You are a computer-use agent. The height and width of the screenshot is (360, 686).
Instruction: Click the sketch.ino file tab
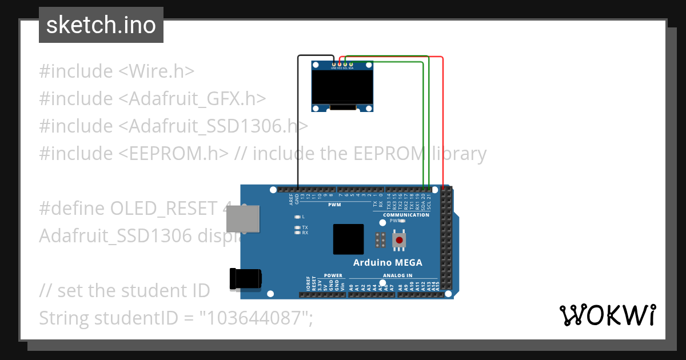point(101,25)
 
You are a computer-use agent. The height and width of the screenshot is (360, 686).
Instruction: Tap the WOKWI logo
point(608,315)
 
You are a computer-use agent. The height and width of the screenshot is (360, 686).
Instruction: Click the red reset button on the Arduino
point(399,241)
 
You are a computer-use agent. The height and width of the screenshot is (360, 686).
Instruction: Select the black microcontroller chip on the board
point(348,239)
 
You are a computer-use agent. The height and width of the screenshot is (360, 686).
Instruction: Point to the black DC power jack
point(245,278)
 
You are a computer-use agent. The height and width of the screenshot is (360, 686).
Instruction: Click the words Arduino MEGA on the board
point(388,263)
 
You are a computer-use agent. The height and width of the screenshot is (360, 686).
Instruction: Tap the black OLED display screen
point(342,85)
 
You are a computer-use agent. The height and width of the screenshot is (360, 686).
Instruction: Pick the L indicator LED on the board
point(297,217)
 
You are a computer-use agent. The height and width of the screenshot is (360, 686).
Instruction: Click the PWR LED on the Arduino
point(402,221)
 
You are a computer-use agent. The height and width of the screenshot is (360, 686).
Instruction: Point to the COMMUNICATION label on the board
point(406,215)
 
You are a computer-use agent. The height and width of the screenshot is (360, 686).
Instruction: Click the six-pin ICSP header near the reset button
point(380,240)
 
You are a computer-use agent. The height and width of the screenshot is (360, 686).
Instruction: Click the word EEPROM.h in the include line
point(173,153)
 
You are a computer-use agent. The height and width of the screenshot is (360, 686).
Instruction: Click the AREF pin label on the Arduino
point(291,199)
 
